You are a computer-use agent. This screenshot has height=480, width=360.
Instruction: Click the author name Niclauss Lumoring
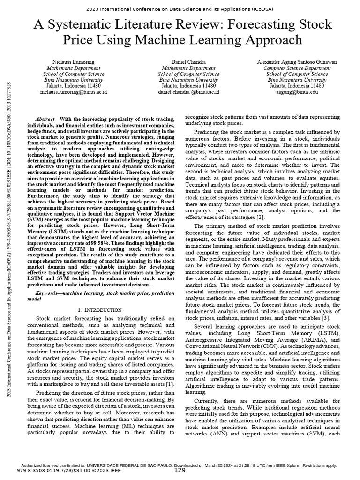pos(74,62)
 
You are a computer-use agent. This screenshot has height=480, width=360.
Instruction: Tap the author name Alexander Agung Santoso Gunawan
pos(297,62)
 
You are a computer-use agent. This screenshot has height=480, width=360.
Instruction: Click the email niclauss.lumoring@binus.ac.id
pos(74,92)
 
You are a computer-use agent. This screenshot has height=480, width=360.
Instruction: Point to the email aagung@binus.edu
pos(297,92)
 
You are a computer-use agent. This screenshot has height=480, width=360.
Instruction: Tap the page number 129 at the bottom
pos(180,470)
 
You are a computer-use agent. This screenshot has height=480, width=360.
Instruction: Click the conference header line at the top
pos(180,9)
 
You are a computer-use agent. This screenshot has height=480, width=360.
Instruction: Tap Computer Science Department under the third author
pos(297,68)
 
